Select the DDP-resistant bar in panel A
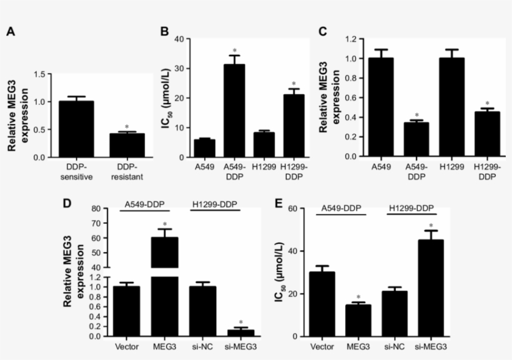coord(127,145)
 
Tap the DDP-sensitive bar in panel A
coord(76,129)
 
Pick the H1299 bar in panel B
coord(264,144)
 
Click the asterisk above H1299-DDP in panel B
coord(293,84)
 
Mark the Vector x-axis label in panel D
coord(127,348)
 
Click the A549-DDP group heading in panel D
coord(145,203)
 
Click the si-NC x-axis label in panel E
coord(395,348)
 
